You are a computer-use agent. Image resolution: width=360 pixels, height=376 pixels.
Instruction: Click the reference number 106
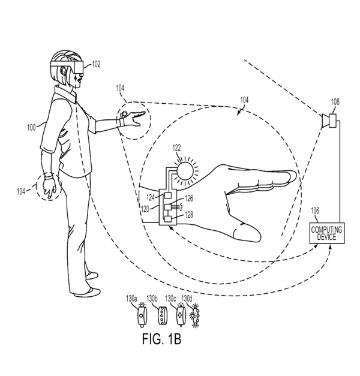click(316, 210)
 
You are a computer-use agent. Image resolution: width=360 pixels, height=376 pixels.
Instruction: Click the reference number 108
click(335, 101)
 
